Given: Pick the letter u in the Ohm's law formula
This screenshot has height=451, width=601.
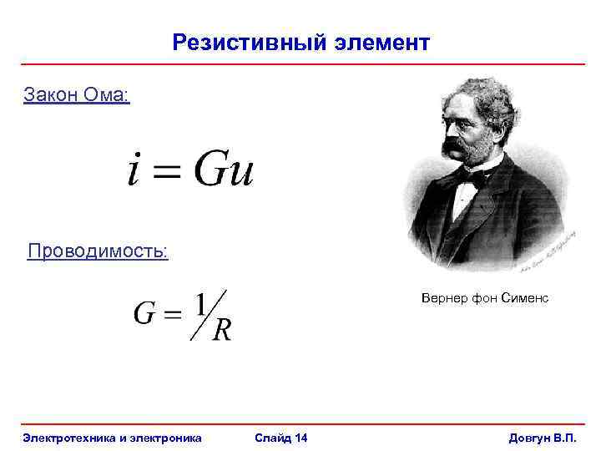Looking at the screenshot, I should [241, 173].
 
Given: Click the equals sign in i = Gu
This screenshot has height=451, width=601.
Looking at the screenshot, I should [167, 172].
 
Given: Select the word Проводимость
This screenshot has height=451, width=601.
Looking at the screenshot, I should [98, 251].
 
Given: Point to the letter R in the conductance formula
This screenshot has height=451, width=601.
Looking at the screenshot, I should [222, 331].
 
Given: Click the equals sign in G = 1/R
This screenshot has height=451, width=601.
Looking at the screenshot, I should [171, 316].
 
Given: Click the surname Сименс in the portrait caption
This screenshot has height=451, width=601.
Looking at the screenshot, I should [525, 298].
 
